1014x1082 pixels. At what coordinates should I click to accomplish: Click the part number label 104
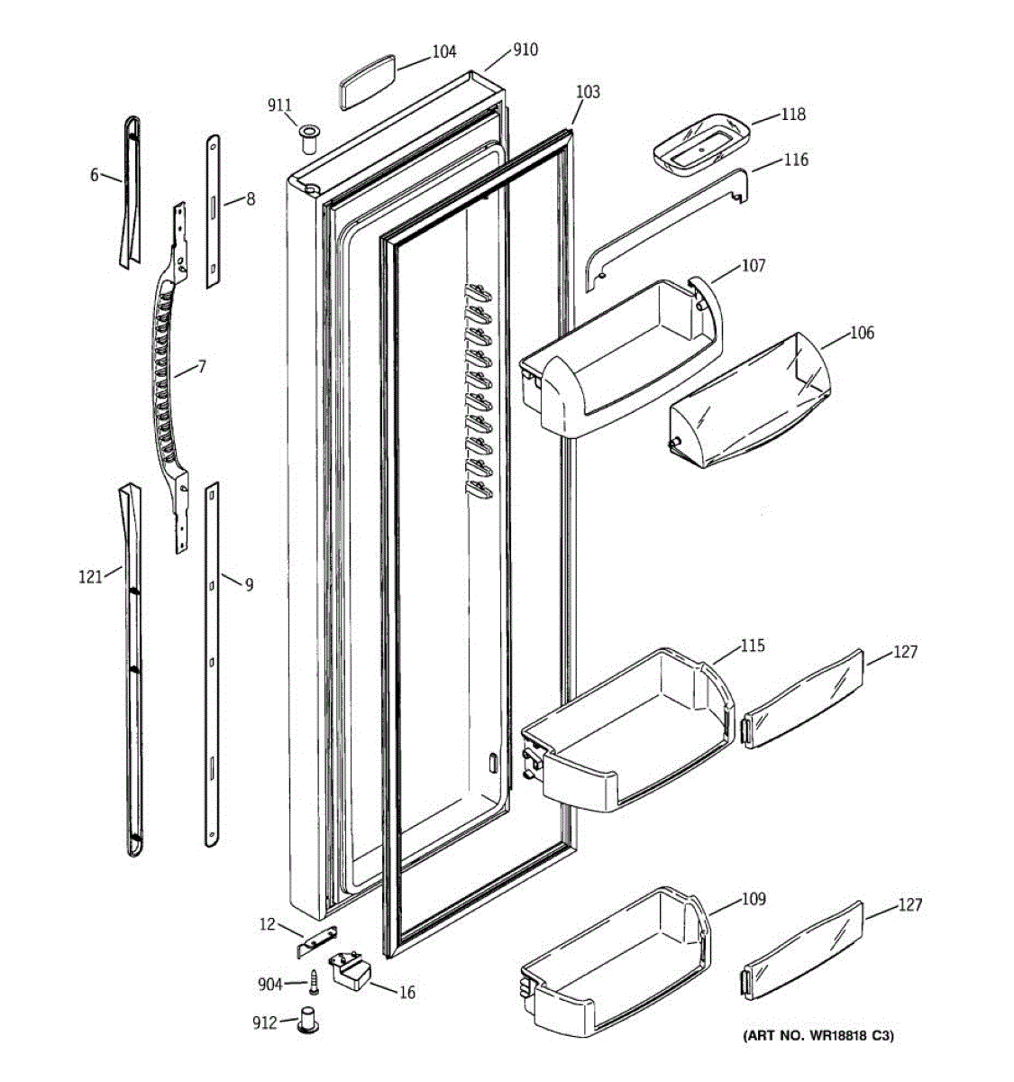tap(443, 52)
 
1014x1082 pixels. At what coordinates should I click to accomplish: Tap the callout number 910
tap(525, 50)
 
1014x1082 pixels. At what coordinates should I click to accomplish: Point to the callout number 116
tap(796, 160)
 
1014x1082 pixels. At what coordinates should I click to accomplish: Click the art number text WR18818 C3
tap(818, 1035)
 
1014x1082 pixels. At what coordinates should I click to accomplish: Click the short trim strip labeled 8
tap(213, 212)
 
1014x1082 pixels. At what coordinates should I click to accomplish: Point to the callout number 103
tap(588, 92)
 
